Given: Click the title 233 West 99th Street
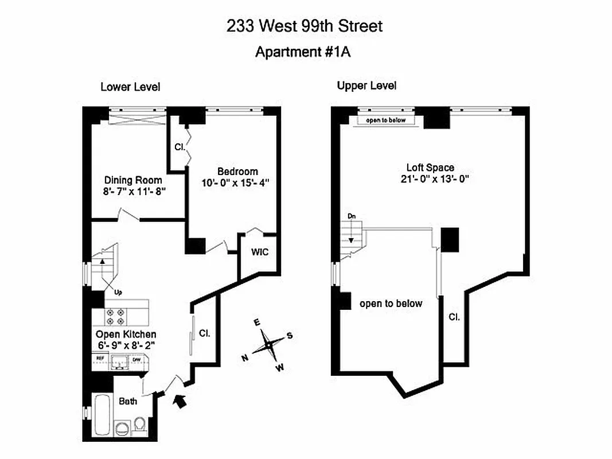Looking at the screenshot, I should tap(304, 26).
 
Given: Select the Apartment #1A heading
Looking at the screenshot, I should tap(302, 52).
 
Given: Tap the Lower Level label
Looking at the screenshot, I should tap(130, 87).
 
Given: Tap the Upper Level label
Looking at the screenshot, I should tap(367, 86).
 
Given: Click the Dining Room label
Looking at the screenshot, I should tap(133, 180).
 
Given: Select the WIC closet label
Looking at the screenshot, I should tap(259, 252).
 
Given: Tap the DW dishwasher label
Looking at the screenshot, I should tap(137, 359).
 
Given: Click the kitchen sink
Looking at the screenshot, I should tap(119, 360).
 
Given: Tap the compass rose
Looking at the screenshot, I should tap(267, 345).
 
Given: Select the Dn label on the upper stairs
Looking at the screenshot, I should tap(351, 216).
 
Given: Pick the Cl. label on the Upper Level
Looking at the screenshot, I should tap(454, 317).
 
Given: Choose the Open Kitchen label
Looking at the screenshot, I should tap(126, 334).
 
